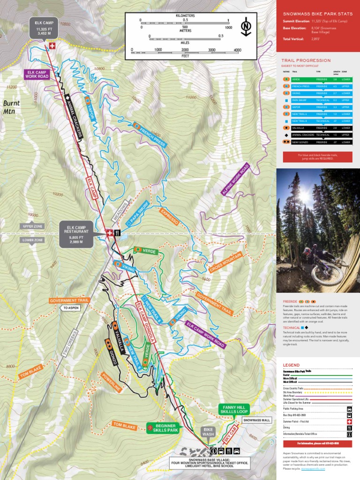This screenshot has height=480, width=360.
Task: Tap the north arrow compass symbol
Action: coord(245,27)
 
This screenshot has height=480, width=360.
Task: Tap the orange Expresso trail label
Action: coord(170,216)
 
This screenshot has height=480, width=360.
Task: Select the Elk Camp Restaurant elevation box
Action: coord(77,233)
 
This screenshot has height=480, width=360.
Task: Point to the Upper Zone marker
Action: coord(32,226)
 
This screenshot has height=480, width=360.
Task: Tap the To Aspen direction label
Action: coord(70,308)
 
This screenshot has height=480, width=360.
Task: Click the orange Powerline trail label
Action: coord(112,382)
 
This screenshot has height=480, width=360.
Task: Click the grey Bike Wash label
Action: coord(208,431)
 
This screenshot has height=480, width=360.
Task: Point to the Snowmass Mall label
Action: coord(256,420)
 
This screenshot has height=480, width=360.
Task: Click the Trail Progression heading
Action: coord(306,60)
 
